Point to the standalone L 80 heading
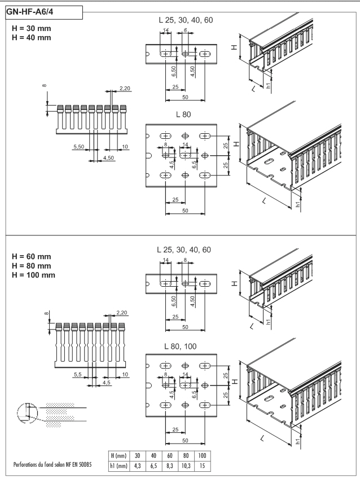[x=183, y=115]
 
